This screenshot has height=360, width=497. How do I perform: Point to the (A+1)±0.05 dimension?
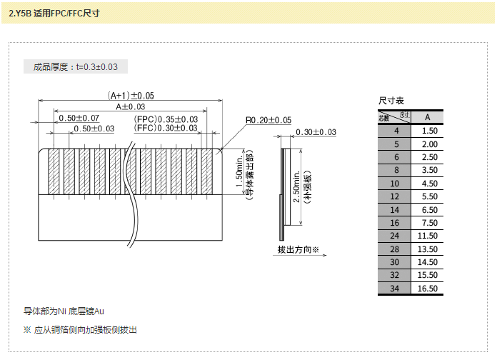click(x=131, y=96)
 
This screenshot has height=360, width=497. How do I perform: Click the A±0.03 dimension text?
click(x=130, y=106)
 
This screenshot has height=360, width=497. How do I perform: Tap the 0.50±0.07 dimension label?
click(x=79, y=118)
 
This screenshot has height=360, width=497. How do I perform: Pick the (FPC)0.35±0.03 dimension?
click(x=166, y=119)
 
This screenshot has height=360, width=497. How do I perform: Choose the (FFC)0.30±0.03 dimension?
click(x=166, y=128)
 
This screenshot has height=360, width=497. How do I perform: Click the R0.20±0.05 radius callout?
click(x=268, y=120)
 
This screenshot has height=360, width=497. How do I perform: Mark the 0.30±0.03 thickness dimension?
click(x=315, y=132)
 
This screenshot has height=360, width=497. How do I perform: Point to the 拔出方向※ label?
click(x=298, y=250)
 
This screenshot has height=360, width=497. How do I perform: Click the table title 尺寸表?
click(x=391, y=101)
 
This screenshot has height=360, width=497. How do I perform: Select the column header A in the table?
click(x=427, y=117)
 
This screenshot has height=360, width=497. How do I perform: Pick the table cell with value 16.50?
click(x=427, y=289)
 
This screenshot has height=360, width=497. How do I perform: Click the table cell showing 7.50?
click(x=427, y=223)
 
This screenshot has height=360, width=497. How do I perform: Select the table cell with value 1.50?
click(x=427, y=131)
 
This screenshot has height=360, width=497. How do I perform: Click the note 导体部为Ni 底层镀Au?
click(x=64, y=311)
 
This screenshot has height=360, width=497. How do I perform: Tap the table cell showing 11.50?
click(x=427, y=236)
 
